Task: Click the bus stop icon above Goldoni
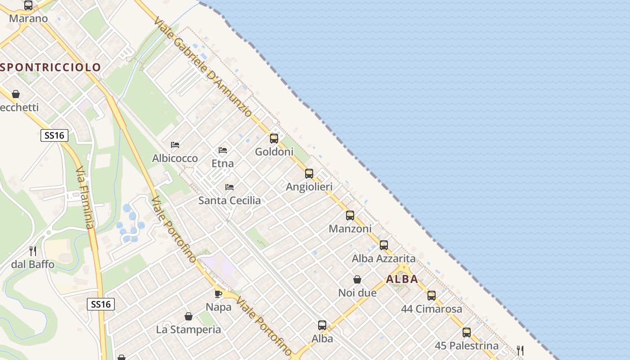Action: click(274, 139)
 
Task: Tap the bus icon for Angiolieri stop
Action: click(309, 174)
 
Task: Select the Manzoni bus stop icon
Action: click(350, 216)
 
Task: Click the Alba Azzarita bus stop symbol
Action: click(384, 245)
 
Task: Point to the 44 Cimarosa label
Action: click(432, 309)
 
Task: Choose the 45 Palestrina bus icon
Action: click(467, 333)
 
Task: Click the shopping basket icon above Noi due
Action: click(357, 279)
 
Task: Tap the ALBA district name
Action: click(402, 279)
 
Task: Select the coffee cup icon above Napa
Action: click(218, 294)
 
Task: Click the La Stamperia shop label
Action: click(189, 330)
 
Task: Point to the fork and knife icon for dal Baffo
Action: click(33, 251)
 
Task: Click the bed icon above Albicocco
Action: click(175, 145)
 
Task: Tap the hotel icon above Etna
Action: click(223, 150)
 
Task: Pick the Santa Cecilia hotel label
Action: click(229, 201)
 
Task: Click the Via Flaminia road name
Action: click(85, 198)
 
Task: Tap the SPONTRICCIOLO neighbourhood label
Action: click(51, 67)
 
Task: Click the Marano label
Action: click(28, 19)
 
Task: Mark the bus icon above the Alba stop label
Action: click(322, 325)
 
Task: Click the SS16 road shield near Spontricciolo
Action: click(54, 135)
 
